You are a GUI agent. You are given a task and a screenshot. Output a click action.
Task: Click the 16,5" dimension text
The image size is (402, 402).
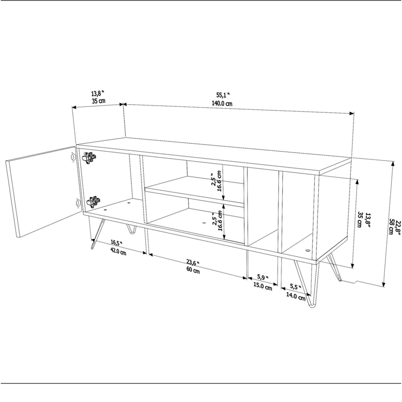click(x=116, y=243)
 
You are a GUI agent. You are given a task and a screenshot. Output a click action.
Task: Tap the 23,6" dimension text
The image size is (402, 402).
click(x=192, y=263)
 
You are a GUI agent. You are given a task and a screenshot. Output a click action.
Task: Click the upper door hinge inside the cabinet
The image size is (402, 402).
click(x=90, y=158)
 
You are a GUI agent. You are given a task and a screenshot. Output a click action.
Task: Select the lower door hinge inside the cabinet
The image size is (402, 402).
click(x=92, y=201)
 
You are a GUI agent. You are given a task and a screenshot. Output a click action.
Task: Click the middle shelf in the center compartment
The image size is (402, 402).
click(x=193, y=189)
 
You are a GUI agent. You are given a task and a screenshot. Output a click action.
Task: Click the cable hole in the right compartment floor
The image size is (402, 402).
click(x=308, y=250)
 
